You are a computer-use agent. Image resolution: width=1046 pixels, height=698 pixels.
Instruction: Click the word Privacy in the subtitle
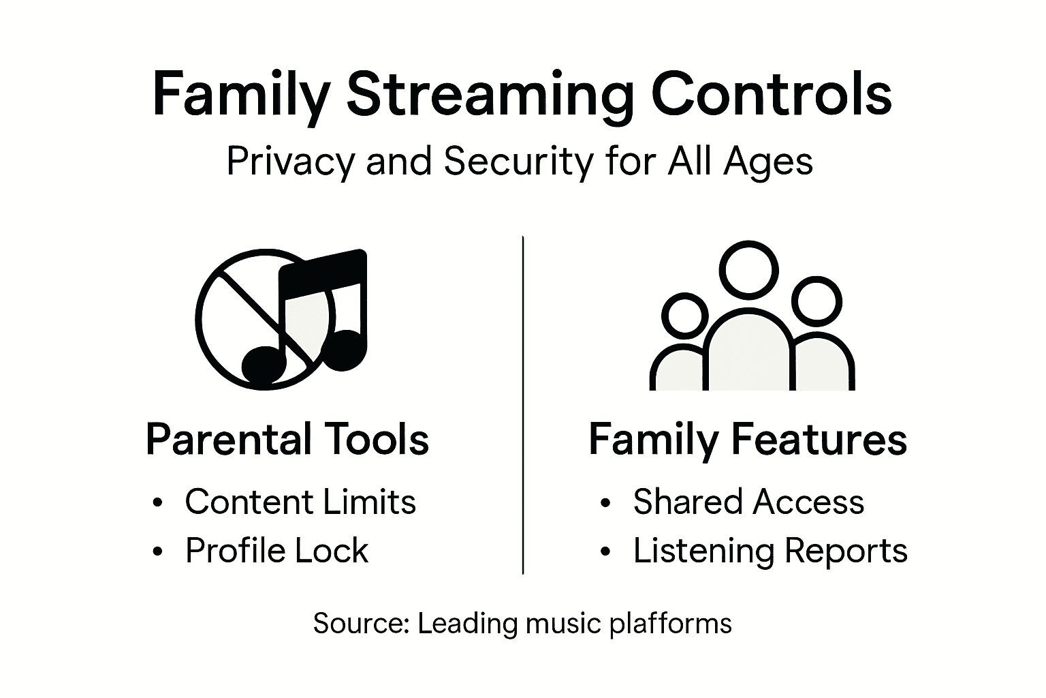[291, 162]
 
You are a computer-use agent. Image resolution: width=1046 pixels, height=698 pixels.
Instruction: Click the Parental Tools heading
[287, 440]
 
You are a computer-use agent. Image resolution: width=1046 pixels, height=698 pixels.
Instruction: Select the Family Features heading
[748, 440]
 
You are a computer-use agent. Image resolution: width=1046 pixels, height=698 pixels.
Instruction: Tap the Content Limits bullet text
[300, 502]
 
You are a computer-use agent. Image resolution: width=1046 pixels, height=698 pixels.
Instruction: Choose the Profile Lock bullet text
[276, 551]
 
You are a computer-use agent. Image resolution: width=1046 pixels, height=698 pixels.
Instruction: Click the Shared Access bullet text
[748, 502]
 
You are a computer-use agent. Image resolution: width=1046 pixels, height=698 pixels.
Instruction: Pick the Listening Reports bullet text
[770, 551]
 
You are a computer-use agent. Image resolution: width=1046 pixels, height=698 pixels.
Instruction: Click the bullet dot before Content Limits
[158, 504]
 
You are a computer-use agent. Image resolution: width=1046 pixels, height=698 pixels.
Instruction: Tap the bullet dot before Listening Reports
[605, 552]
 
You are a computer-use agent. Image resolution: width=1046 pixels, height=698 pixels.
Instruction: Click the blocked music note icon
[281, 319]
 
